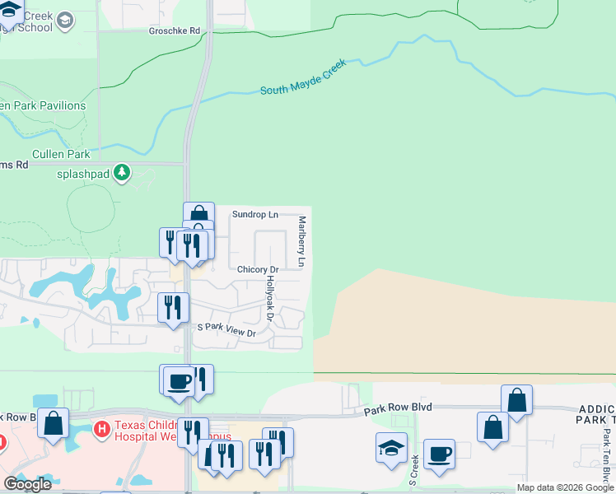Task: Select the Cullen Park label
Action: [x=61, y=154]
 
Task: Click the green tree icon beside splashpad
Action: [x=122, y=172]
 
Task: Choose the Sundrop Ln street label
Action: [x=254, y=214]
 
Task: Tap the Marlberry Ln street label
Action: [x=302, y=241]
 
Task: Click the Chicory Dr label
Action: [x=258, y=269]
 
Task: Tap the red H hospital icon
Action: [x=102, y=428]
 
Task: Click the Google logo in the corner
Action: [x=28, y=483]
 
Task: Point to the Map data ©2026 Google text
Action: [x=565, y=488]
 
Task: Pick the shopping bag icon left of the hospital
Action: [x=54, y=423]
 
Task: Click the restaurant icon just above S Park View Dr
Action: [x=173, y=308]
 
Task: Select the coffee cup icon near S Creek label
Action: [x=439, y=453]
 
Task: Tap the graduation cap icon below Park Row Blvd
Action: [x=391, y=447]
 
